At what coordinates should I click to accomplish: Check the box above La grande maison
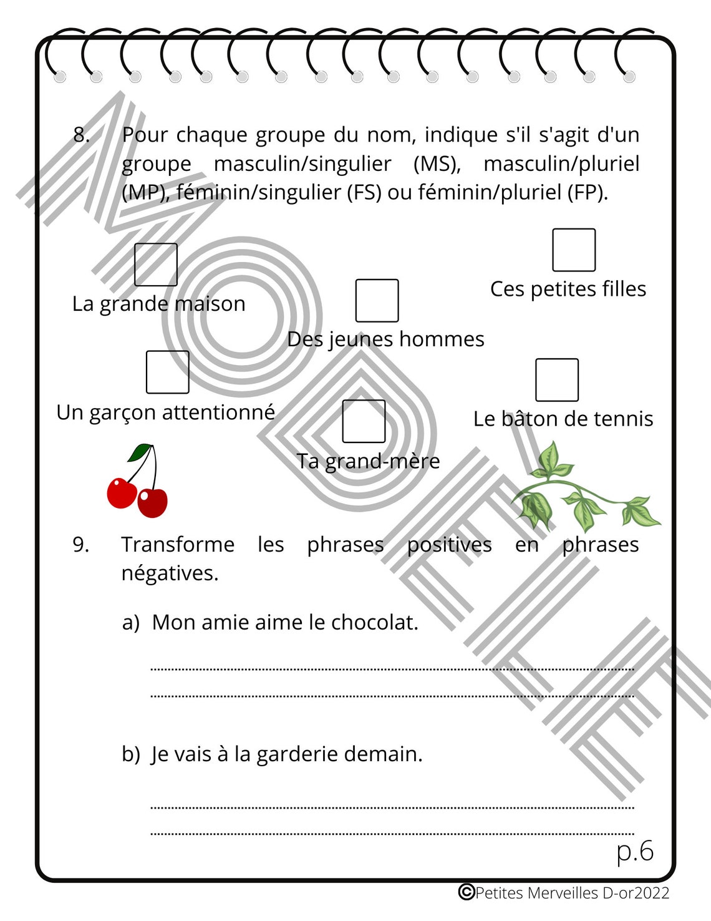point(156,265)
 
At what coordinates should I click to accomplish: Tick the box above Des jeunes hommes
point(377,300)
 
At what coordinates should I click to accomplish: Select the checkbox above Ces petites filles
point(574,250)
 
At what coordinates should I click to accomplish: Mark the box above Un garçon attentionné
point(167,372)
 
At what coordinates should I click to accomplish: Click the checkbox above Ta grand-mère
point(364,421)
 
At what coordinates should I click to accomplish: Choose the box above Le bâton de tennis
point(557,379)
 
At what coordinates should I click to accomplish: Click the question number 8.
point(81,135)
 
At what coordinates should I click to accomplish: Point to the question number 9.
point(80,545)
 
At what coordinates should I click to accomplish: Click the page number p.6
point(635,851)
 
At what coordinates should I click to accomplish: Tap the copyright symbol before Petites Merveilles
point(466,892)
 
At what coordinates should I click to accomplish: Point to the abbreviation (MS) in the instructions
point(437,163)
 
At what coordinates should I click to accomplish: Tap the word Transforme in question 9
point(178,545)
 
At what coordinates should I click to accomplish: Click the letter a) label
point(131,623)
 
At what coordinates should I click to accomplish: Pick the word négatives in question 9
point(170,573)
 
